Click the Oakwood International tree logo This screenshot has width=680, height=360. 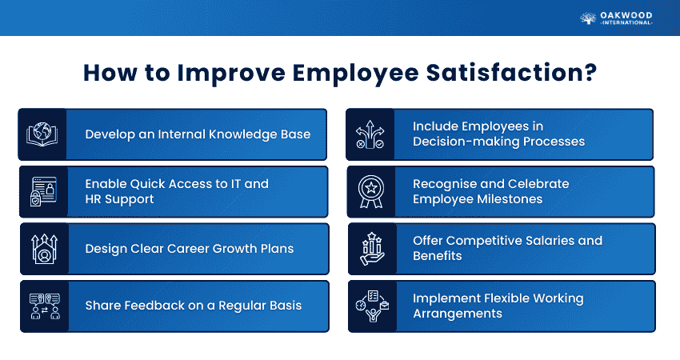point(588,18)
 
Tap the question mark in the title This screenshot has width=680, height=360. point(590,73)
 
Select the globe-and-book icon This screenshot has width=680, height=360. point(42,134)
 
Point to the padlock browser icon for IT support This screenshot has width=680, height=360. point(43,191)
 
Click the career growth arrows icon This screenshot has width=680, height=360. point(44,249)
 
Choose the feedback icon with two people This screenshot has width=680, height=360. point(45,306)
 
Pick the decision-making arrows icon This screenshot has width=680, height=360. point(370,134)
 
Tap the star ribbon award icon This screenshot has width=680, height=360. point(371,191)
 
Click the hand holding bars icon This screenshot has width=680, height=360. point(372,249)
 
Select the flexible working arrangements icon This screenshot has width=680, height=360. point(372,306)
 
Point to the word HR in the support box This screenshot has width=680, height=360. point(93,199)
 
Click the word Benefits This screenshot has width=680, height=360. point(437,256)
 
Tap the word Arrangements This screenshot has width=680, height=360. point(458,314)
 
